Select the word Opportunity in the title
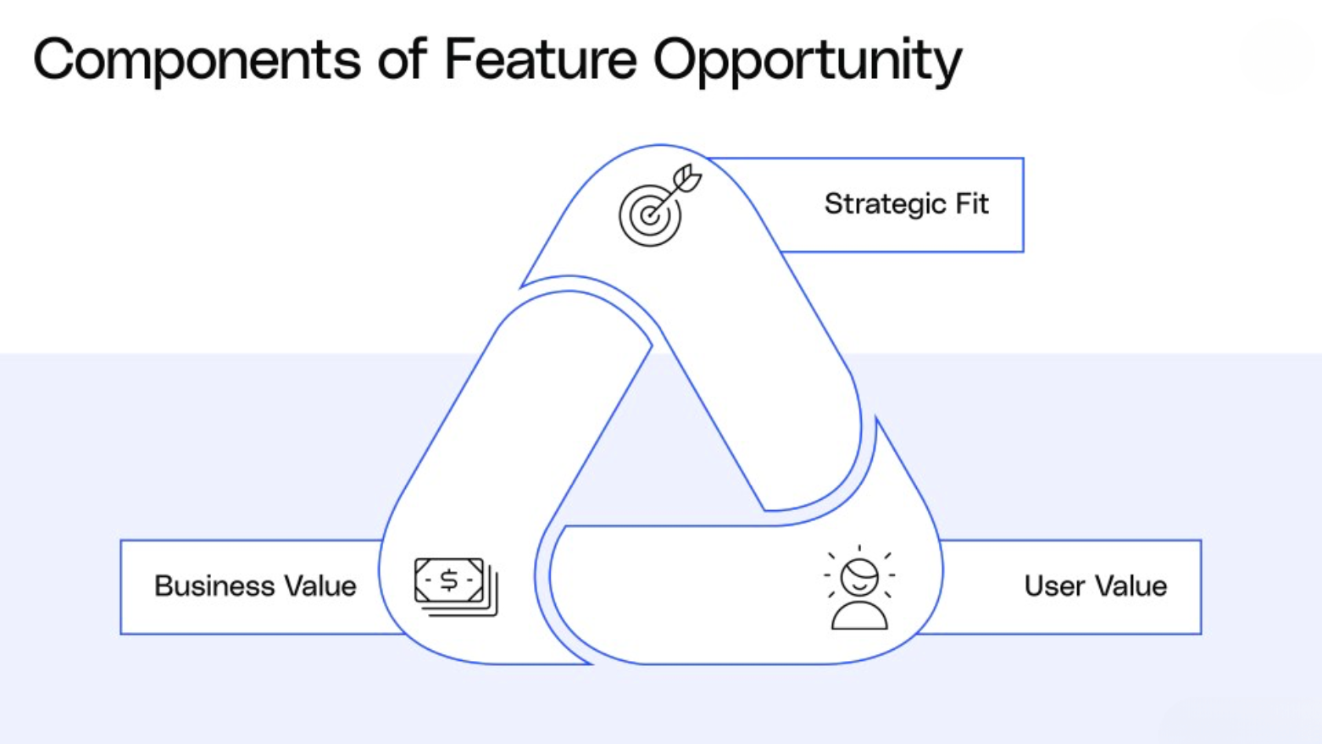click(807, 61)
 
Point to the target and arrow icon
click(658, 206)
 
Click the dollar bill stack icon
click(455, 586)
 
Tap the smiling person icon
click(859, 588)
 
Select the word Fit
click(972, 203)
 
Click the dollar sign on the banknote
click(449, 580)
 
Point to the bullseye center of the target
click(649, 215)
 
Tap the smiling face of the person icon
click(859, 578)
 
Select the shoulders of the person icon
click(859, 616)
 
